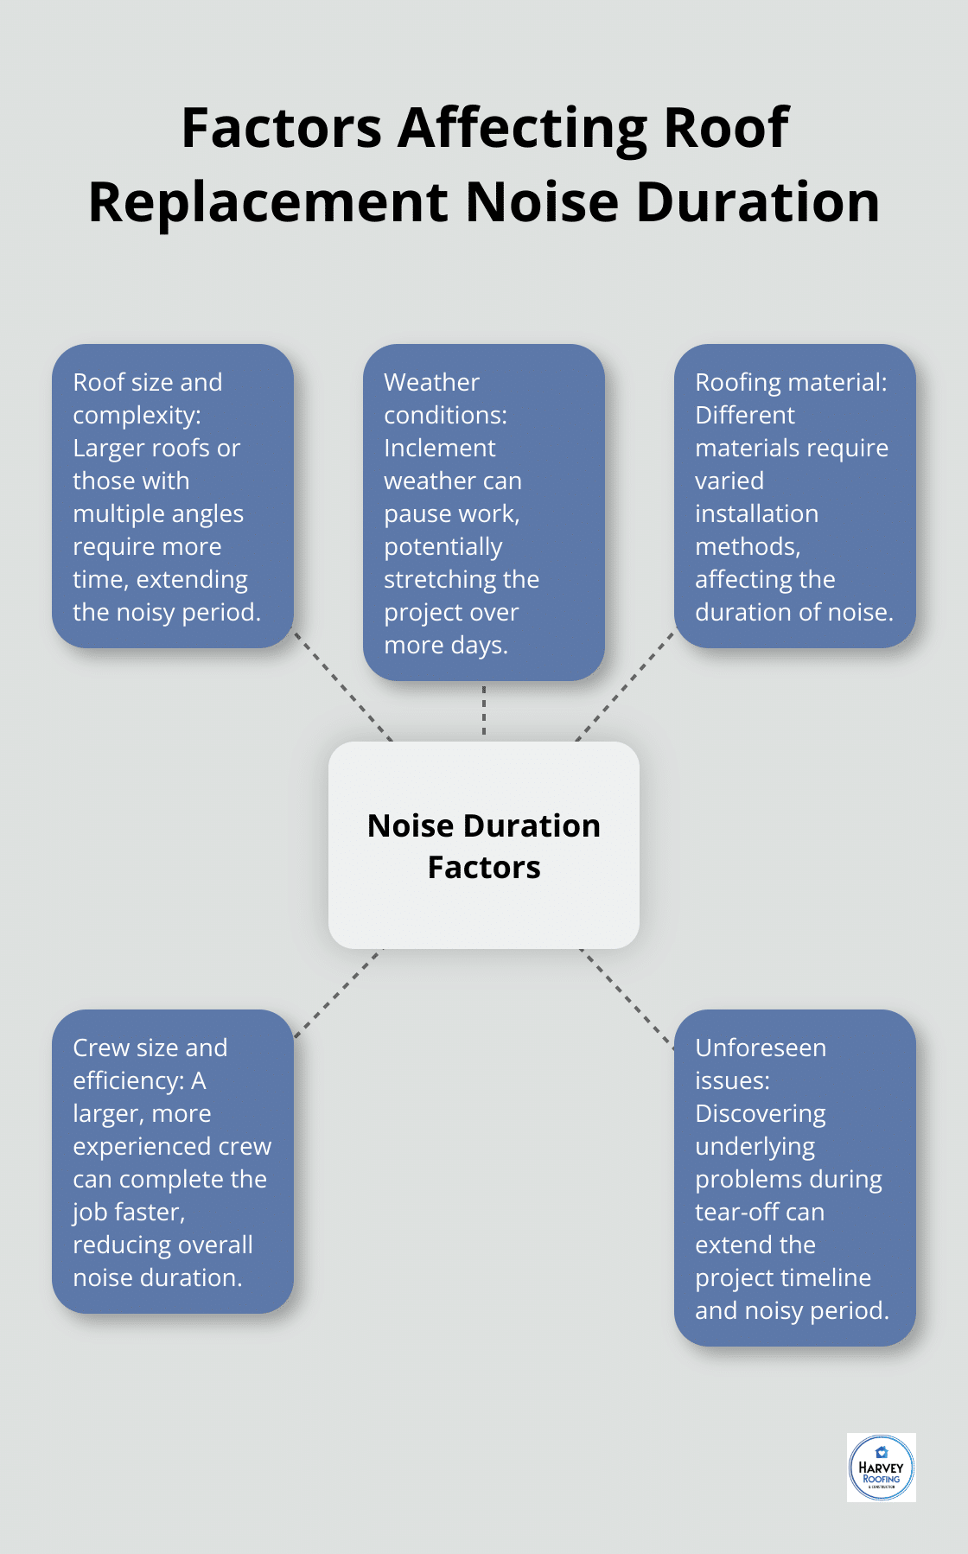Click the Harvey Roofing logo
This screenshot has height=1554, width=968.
881,1467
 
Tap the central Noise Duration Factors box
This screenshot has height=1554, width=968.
484,844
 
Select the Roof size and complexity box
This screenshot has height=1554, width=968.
173,496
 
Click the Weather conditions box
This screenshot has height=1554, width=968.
484,512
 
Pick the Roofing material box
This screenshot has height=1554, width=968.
794,496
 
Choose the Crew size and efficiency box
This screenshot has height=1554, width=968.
173,1161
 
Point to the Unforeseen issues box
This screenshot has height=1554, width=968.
794,1177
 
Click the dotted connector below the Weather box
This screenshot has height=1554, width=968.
484,710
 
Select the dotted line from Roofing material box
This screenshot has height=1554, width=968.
624,686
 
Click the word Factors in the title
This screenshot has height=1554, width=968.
281,128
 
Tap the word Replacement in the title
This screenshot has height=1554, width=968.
269,202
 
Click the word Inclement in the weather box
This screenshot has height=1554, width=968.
439,448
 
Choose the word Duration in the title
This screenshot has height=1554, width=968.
758,202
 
